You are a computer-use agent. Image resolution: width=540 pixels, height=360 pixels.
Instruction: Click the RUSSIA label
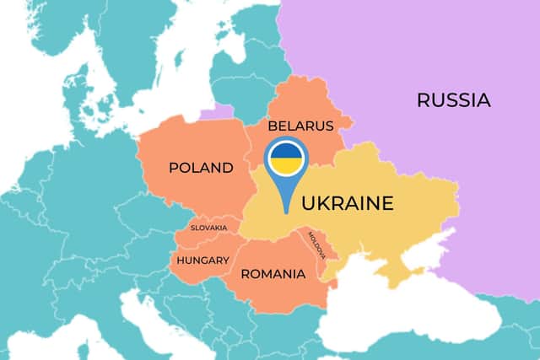coord(453,100)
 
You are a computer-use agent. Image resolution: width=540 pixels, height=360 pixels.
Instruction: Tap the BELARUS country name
coord(301,126)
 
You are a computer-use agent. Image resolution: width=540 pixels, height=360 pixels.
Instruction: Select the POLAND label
coord(201,168)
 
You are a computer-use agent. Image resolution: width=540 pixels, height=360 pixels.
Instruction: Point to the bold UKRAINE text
coord(348,203)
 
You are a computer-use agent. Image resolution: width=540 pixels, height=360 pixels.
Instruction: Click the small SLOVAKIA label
coord(208,228)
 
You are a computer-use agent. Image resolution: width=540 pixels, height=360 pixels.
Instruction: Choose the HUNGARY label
coord(203,260)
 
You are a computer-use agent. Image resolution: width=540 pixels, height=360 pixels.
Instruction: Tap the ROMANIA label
coord(273,274)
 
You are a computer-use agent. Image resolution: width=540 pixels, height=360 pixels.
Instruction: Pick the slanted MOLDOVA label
coord(321,245)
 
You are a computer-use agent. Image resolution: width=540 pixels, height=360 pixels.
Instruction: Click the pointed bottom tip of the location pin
coord(286,211)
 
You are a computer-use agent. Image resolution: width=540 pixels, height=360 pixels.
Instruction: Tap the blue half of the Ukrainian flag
coord(286,152)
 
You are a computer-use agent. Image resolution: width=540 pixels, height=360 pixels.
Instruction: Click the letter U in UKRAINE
coord(309,203)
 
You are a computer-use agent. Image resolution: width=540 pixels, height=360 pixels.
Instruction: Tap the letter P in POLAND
coord(174,168)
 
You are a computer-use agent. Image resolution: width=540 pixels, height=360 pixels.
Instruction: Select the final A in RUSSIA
coord(483,100)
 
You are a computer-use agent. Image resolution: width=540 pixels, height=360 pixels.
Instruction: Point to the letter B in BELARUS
coord(273,126)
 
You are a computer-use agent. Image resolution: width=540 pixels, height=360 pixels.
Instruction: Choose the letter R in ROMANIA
coord(246,274)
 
